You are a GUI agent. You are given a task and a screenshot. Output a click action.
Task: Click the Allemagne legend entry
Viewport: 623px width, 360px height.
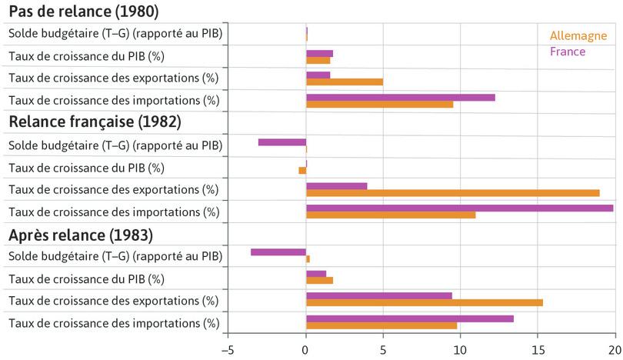point(578,36)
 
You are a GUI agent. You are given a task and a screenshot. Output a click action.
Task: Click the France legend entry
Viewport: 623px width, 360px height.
point(567,52)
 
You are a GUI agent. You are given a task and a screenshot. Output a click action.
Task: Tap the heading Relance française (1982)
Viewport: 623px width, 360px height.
point(94,122)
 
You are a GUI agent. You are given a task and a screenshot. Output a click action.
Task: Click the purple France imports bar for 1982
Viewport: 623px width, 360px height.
point(459,208)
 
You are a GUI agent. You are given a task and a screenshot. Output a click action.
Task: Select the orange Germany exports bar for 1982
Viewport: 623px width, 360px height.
point(452,193)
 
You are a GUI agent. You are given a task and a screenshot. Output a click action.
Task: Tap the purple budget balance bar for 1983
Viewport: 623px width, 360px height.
point(278,252)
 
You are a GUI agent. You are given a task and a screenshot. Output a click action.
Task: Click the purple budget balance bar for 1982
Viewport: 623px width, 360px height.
point(282,142)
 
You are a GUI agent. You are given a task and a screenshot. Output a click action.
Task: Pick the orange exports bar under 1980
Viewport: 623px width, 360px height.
point(345,82)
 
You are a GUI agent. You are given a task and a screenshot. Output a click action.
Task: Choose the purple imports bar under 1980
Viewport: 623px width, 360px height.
point(400,97)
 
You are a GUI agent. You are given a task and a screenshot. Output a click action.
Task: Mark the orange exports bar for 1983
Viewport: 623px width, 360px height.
point(424,303)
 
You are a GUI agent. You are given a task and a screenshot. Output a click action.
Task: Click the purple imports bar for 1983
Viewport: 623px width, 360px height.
point(409,318)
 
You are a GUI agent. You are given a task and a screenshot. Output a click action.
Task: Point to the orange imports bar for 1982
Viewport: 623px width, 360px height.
point(391,215)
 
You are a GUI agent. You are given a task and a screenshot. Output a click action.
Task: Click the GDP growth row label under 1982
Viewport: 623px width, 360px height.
point(86,168)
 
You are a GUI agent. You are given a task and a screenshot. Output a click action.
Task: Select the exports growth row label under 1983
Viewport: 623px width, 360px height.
point(113,300)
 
